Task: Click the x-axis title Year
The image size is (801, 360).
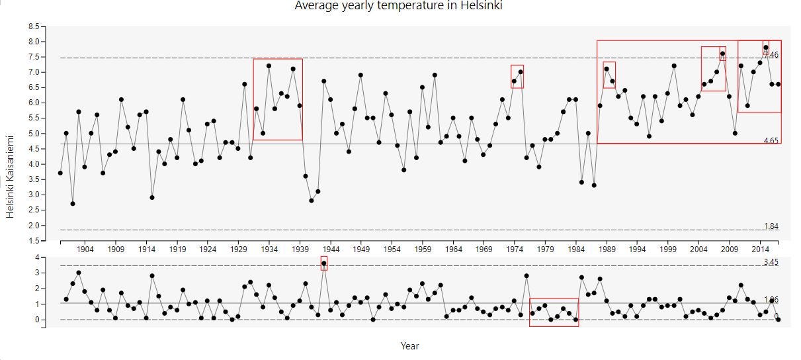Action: [x=409, y=345]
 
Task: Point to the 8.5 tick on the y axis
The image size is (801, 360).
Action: [x=34, y=26]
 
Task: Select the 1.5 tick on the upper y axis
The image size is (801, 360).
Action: [x=34, y=241]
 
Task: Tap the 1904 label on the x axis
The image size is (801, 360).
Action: [x=85, y=249]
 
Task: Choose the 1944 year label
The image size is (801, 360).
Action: [x=331, y=249]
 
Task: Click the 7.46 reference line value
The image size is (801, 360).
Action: [x=771, y=55]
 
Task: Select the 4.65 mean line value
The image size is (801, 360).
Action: [x=771, y=141]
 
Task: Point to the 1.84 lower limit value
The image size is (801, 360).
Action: [x=771, y=226]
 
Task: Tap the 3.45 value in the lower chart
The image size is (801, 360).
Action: [x=771, y=263]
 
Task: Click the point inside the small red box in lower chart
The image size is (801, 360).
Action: [x=324, y=263]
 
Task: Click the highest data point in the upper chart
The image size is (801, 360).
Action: [x=766, y=48]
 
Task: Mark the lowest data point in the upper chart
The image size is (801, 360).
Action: [x=73, y=204]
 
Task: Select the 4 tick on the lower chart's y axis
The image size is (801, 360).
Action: [x=38, y=257]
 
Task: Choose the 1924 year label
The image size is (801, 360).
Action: [x=208, y=249]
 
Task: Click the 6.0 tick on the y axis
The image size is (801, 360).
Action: [x=34, y=103]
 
